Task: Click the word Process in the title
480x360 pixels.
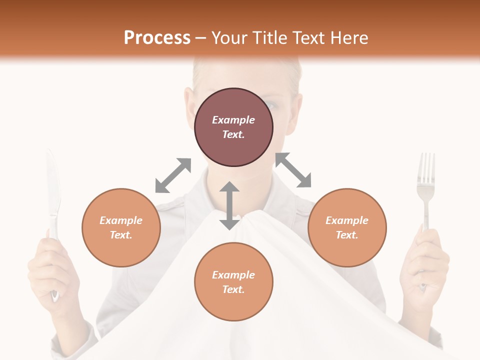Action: coord(157,38)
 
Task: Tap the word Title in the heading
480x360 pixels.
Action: coord(268,38)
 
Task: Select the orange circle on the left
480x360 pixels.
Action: coord(121,227)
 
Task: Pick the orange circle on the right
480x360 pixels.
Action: coord(347,227)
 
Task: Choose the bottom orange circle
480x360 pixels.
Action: coord(233,282)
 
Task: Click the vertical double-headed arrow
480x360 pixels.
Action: coord(229,205)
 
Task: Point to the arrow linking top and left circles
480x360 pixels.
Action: coord(173,175)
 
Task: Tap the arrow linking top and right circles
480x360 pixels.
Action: coord(293,170)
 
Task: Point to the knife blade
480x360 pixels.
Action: coord(53,190)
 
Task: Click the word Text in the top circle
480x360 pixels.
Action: coord(233,135)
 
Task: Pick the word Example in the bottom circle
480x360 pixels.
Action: coord(233,275)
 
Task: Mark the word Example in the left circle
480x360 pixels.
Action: coord(121,220)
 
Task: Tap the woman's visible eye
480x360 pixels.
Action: coord(270,105)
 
